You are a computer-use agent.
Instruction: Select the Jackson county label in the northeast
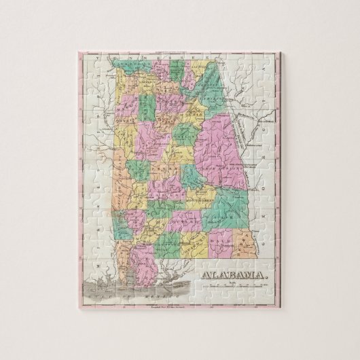[x=198, y=70]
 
